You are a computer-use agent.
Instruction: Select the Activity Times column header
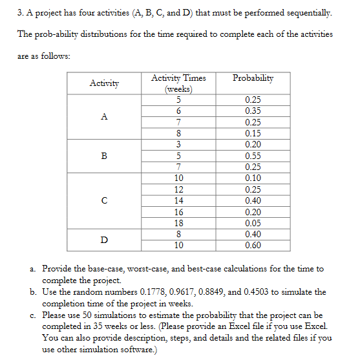(x=178, y=83)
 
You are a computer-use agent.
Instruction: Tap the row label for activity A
(x=104, y=116)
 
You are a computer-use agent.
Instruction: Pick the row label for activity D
(x=104, y=240)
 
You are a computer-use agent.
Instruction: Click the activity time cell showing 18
(x=178, y=223)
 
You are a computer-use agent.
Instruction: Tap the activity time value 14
(x=178, y=200)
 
